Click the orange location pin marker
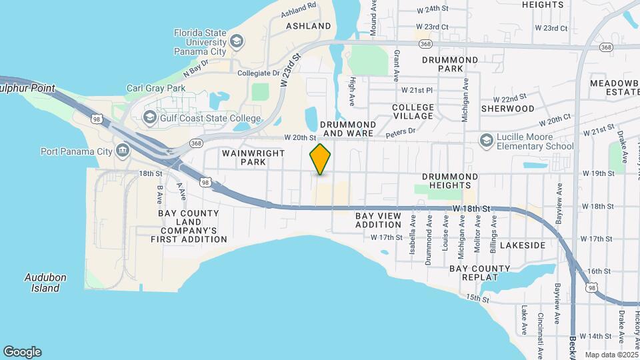pyautogui.click(x=321, y=159)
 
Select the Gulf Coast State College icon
pyautogui.click(x=150, y=119)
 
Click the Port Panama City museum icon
pyautogui.click(x=123, y=150)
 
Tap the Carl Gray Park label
pyautogui.click(x=156, y=88)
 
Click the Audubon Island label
pyautogui.click(x=43, y=283)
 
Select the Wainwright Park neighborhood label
pyautogui.click(x=244, y=157)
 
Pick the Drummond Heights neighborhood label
pyautogui.click(x=450, y=181)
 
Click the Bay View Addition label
pyautogui.click(x=378, y=221)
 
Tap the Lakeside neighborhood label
pyautogui.click(x=523, y=245)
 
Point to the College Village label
pyautogui.click(x=413, y=111)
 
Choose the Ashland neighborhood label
pyautogui.click(x=308, y=26)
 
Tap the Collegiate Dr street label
pyautogui.click(x=258, y=73)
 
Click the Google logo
pyautogui.click(x=22, y=352)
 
